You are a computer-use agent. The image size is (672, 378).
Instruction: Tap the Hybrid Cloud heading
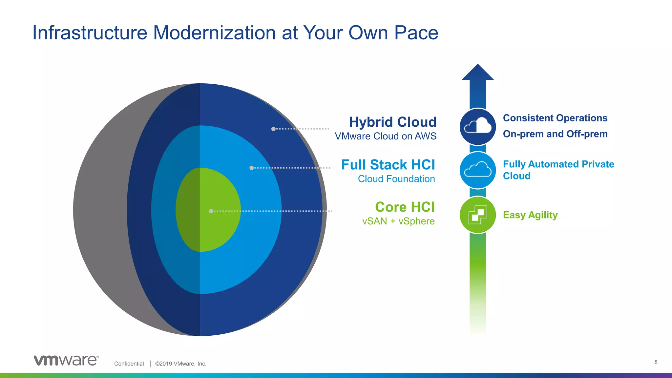pyautogui.click(x=392, y=122)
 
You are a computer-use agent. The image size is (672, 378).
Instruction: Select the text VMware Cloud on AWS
pyautogui.click(x=385, y=136)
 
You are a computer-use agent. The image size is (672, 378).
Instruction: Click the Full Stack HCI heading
pyautogui.click(x=388, y=165)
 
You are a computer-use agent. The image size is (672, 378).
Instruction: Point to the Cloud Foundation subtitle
pyautogui.click(x=396, y=179)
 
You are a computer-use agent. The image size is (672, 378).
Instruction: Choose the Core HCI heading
pyautogui.click(x=405, y=207)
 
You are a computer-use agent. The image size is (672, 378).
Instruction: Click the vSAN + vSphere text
pyautogui.click(x=398, y=221)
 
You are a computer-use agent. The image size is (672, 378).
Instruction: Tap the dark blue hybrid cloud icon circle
pyautogui.click(x=477, y=127)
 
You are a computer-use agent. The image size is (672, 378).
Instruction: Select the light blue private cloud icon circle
pyautogui.click(x=477, y=170)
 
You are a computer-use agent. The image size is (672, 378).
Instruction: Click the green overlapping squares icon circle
pyautogui.click(x=477, y=215)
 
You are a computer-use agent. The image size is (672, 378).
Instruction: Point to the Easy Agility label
pyautogui.click(x=530, y=215)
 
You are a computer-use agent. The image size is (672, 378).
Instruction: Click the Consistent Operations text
pyautogui.click(x=555, y=118)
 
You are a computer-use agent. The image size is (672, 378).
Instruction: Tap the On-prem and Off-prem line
pyautogui.click(x=555, y=134)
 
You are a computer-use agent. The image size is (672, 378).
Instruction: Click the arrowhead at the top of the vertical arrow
pyautogui.click(x=477, y=73)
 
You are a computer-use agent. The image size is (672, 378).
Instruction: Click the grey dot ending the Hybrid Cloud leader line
pyautogui.click(x=273, y=129)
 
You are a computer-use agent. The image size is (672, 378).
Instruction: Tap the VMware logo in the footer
pyautogui.click(x=66, y=360)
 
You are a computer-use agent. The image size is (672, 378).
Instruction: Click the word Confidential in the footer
pyautogui.click(x=129, y=364)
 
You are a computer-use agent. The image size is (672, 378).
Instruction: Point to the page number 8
pyautogui.click(x=656, y=362)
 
